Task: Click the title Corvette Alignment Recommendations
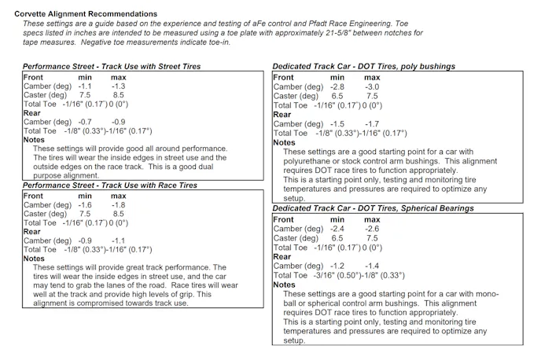(x=86, y=14)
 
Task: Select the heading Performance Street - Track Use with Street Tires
(x=112, y=67)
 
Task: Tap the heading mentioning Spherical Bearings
(x=374, y=209)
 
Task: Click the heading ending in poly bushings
(x=364, y=67)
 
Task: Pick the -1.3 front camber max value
(x=119, y=86)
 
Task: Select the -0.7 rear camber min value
(x=85, y=122)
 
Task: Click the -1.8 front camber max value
(x=119, y=204)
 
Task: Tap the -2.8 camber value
(x=337, y=86)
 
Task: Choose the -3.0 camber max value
(x=371, y=86)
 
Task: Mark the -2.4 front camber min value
(x=337, y=229)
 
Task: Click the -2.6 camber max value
(x=371, y=229)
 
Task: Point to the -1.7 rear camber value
(x=371, y=124)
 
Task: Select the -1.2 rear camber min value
(x=337, y=266)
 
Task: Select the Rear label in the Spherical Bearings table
(x=282, y=257)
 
